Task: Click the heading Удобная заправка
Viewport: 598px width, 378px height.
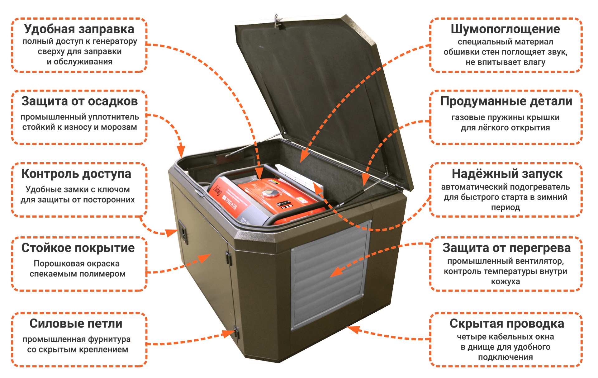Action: click(x=79, y=29)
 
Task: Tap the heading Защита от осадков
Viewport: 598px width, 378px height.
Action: click(x=79, y=101)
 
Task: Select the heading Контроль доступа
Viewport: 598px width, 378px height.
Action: click(x=76, y=174)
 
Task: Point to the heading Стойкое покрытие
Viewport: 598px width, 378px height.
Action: click(x=78, y=248)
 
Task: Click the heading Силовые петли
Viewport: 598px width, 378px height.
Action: click(x=76, y=324)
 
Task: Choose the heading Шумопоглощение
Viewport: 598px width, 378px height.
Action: click(x=505, y=29)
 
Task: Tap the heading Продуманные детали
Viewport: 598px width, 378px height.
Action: click(x=506, y=101)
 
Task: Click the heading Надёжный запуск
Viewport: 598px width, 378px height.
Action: click(x=507, y=174)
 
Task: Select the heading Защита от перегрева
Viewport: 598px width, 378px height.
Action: click(x=506, y=248)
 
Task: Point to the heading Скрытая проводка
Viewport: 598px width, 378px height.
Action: click(x=506, y=324)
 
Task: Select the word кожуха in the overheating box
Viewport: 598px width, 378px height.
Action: click(x=505, y=282)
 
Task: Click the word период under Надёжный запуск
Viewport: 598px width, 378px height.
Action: click(x=505, y=207)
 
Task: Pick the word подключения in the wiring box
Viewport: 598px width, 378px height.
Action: click(x=505, y=357)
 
